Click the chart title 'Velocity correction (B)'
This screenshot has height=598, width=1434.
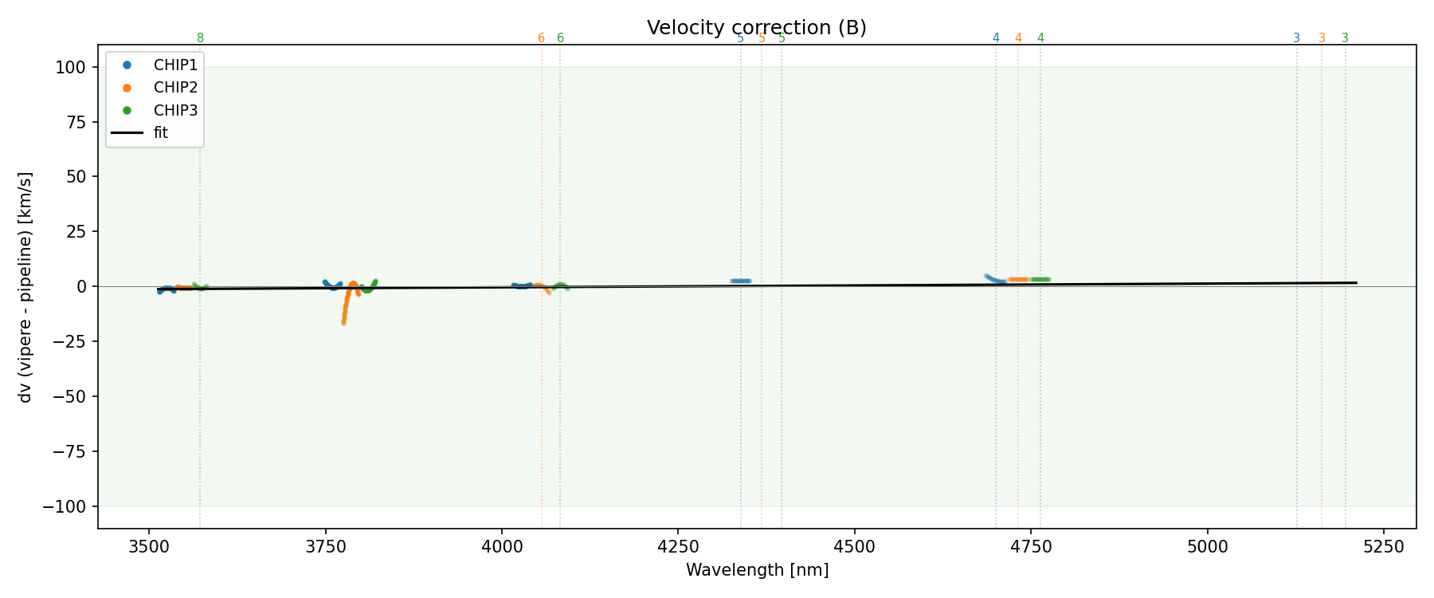point(756,28)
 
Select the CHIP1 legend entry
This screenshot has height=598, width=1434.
point(175,65)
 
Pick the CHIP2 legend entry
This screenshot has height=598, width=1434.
point(175,88)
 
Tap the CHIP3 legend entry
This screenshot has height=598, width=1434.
point(175,110)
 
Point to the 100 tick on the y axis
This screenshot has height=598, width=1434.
point(70,67)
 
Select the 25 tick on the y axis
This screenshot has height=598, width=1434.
point(75,231)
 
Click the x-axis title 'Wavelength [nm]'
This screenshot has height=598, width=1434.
point(757,570)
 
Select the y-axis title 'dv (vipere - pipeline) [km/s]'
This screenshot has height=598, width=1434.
point(25,287)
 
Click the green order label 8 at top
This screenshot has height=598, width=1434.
point(200,38)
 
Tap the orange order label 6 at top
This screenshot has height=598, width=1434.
point(541,38)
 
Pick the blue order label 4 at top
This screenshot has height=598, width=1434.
point(996,38)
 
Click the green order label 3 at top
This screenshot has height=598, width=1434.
point(1346,38)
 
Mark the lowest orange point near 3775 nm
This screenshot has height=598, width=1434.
point(343,322)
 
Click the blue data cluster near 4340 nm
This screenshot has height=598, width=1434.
point(741,281)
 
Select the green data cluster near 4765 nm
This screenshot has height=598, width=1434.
point(1040,279)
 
